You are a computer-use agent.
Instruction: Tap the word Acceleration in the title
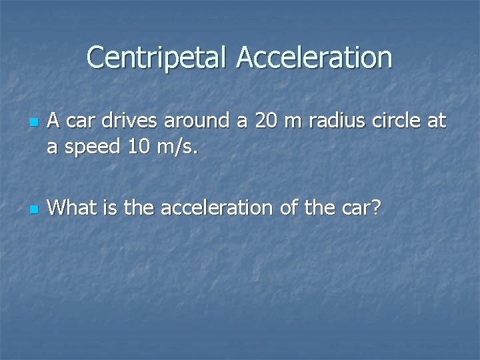[314, 57]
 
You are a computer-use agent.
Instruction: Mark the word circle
[391, 121]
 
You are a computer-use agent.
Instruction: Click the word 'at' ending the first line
[436, 121]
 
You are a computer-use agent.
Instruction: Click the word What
[67, 207]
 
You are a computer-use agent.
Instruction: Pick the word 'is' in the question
[102, 207]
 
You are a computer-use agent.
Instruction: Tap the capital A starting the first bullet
[54, 121]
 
